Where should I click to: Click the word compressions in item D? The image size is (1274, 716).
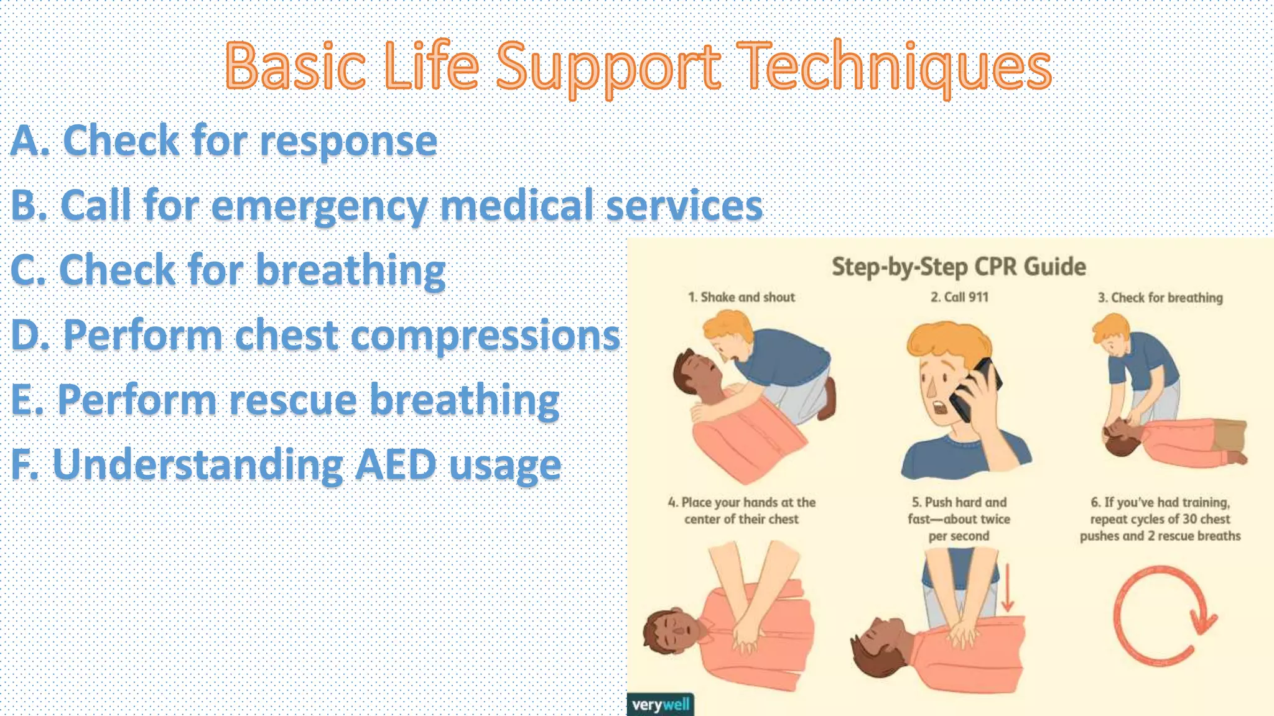click(x=485, y=336)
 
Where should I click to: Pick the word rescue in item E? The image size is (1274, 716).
click(x=292, y=400)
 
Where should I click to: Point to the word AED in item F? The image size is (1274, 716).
click(x=395, y=465)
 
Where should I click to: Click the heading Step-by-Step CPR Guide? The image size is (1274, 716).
click(x=959, y=267)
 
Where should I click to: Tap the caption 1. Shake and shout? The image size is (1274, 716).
click(x=741, y=297)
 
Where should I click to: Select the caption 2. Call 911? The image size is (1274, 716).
click(x=959, y=297)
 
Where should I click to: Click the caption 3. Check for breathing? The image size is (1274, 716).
click(x=1160, y=298)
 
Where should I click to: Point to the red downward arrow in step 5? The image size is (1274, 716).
click(x=1008, y=587)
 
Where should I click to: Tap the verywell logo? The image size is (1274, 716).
click(x=660, y=705)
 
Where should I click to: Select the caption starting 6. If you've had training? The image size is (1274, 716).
click(x=1160, y=519)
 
